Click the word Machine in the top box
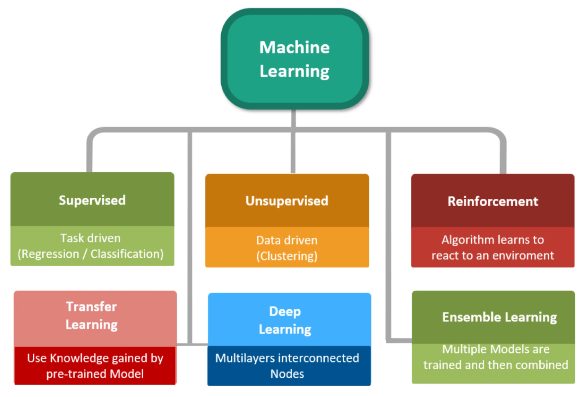[x=294, y=48]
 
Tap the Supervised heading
[x=92, y=200]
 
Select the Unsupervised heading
[x=287, y=201]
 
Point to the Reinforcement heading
[x=493, y=201]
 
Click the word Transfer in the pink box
[x=91, y=306]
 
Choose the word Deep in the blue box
[x=285, y=311]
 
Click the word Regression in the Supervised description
[x=50, y=254]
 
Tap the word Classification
[x=127, y=254]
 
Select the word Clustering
[x=287, y=256]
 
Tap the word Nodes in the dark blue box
[x=287, y=374]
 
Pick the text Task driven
[x=91, y=238]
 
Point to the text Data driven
[x=287, y=240]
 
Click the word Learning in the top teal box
[x=294, y=71]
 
